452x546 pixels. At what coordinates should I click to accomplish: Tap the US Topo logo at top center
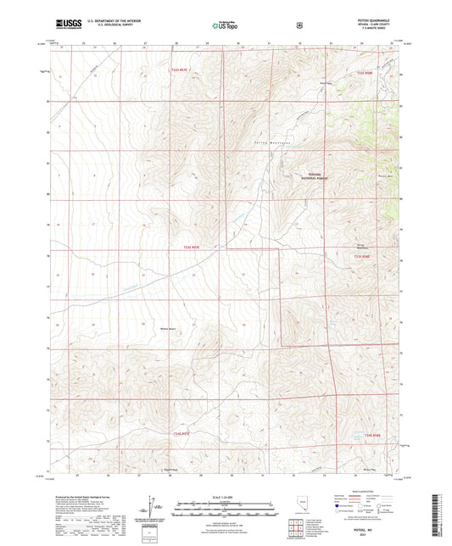pyautogui.click(x=224, y=25)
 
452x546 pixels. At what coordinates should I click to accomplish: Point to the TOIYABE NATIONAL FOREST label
pyautogui.click(x=311, y=177)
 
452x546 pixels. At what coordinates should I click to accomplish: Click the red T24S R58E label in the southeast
pyautogui.click(x=374, y=435)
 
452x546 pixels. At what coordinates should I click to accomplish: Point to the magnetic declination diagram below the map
pyautogui.click(x=153, y=509)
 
